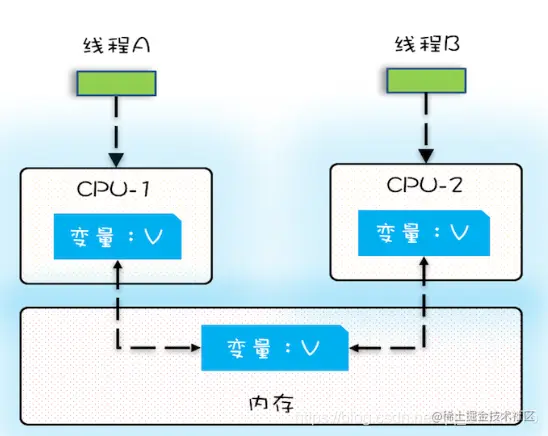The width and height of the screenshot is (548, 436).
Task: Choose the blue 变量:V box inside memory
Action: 274,347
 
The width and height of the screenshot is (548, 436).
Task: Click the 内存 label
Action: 271,403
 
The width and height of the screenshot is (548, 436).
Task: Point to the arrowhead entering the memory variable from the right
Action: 356,347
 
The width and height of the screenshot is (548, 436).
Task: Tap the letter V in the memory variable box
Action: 310,348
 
